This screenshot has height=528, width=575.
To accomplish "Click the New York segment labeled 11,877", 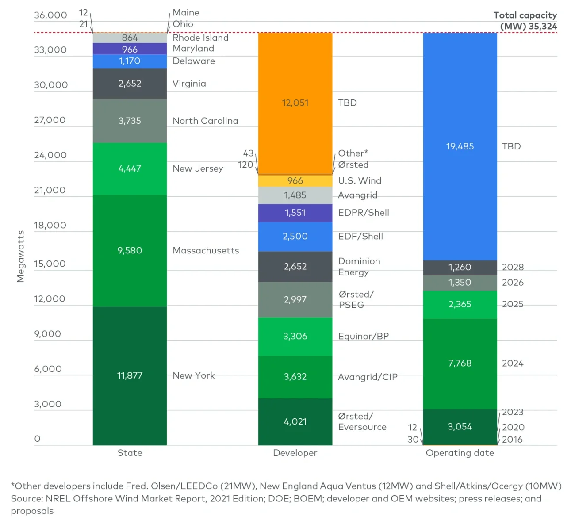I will point(130,375).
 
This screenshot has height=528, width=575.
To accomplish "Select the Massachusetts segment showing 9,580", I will point(130,250).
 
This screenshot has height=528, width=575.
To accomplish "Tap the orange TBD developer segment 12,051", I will point(295,103).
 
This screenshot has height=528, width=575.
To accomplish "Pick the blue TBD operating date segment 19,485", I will point(460,146).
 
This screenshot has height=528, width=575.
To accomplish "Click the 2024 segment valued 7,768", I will point(460,363).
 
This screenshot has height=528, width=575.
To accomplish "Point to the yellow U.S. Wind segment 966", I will point(295,180).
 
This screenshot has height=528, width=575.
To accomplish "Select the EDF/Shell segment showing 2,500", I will point(295,236).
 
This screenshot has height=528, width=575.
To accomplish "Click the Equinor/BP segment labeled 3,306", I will point(295,336).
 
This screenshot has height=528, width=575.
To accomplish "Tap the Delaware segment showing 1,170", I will point(130,61).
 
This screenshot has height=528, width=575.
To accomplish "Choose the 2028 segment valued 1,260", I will point(460,267).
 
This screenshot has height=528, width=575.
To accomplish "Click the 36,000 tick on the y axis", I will point(50,15).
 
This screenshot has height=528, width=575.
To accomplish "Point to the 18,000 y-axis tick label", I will point(50,225).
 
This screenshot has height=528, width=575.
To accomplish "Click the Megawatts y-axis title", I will point(20,256).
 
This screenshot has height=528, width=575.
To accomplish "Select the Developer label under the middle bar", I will point(295,453).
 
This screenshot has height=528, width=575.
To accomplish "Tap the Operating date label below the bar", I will point(460,453).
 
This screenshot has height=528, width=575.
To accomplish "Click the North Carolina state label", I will point(205,121).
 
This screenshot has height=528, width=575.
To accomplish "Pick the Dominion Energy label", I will point(359,267).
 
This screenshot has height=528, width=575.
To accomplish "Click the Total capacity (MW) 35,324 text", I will point(526,21).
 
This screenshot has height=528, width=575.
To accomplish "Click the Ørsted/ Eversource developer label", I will point(362,421).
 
